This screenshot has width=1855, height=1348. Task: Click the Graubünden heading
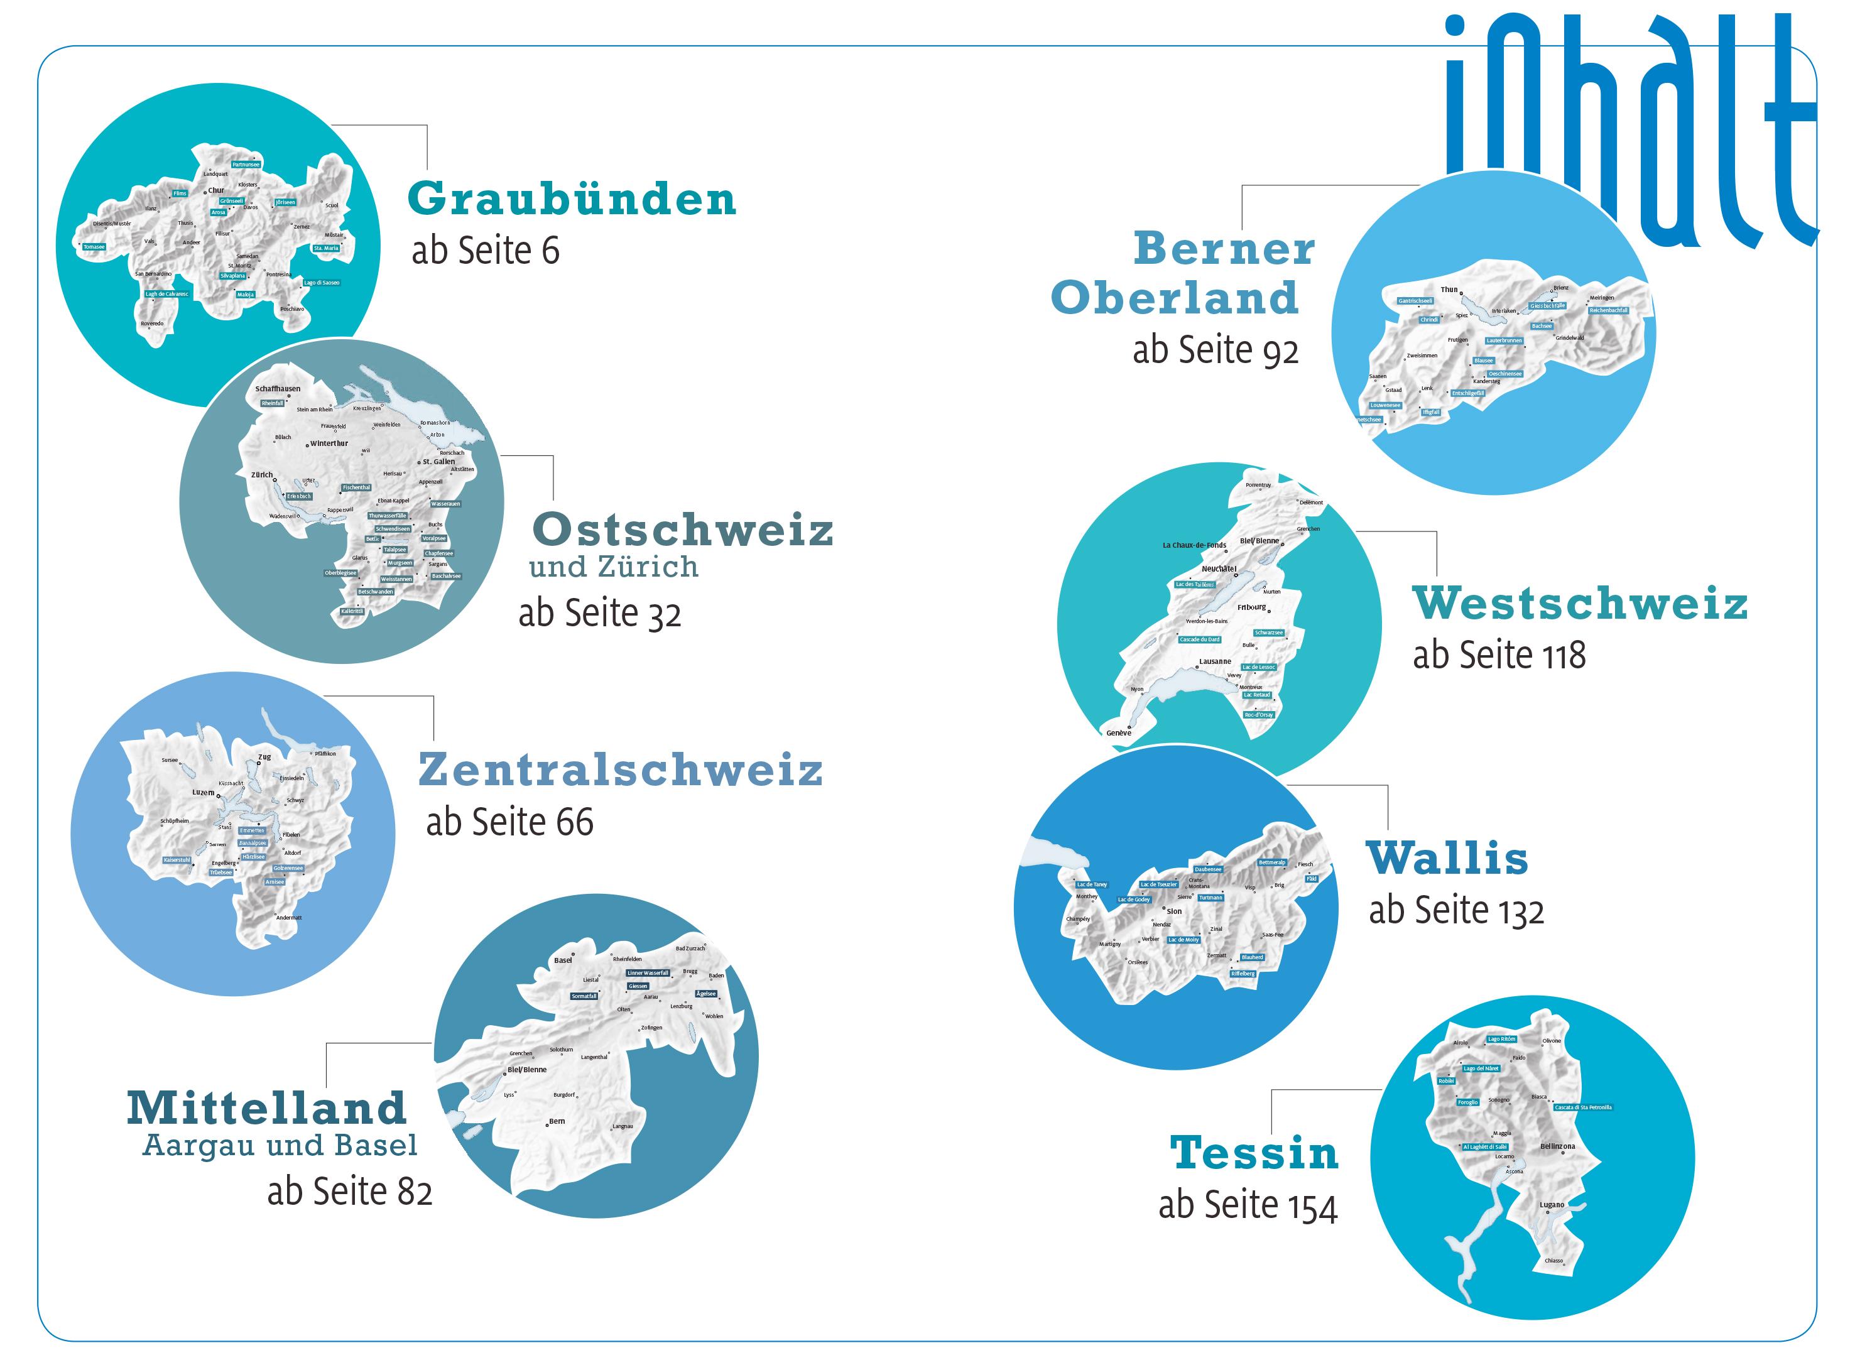pos(572,198)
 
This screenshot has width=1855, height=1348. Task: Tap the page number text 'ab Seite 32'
pos(599,614)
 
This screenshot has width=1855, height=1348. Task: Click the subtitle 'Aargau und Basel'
pos(280,1145)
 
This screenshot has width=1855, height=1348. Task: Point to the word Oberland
pos(1175,297)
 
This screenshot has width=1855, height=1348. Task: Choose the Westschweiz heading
pos(1580,603)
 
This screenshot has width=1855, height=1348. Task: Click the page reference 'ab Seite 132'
pos(1457,910)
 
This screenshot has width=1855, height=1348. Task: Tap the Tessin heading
pos(1254,1153)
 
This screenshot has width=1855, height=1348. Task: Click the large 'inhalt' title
pos(1628,122)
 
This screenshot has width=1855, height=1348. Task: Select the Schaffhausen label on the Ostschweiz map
pos(277,389)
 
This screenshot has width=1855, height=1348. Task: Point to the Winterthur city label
pos(329,443)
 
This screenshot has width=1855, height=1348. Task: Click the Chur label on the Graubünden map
pos(216,190)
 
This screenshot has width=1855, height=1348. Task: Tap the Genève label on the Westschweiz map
pos(1119,733)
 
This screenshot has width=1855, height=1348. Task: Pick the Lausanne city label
pos(1215,661)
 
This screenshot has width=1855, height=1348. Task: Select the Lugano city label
pos(1552,1205)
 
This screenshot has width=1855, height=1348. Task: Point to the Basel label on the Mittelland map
pos(563,960)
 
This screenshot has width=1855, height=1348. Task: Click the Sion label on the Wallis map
pos(1173,911)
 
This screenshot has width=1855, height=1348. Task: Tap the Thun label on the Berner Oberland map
pos(1449,290)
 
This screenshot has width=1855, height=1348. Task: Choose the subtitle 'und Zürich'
pos(614,566)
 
